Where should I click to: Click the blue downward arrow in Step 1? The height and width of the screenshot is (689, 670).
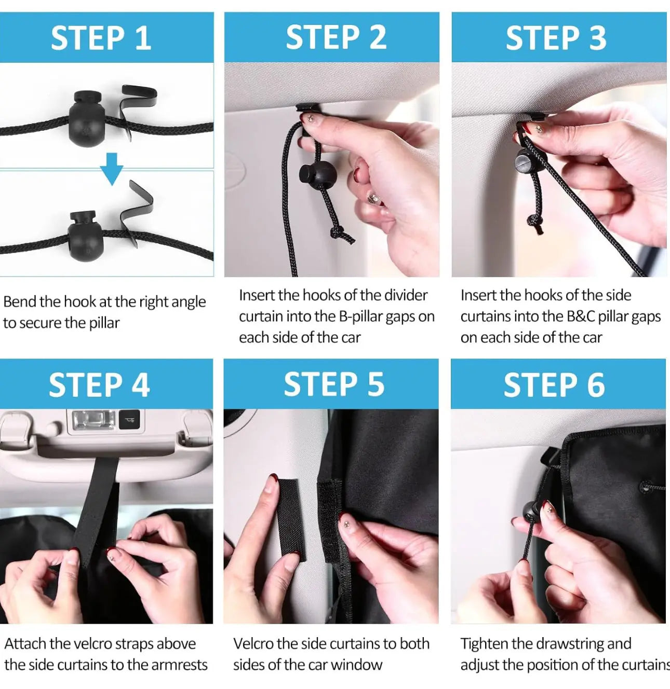click(x=112, y=169)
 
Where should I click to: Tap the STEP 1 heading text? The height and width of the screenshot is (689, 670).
click(x=101, y=38)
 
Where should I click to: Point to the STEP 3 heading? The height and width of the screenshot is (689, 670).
click(x=556, y=38)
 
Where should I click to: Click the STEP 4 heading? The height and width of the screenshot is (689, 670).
click(x=99, y=385)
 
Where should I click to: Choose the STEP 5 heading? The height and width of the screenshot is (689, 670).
click(x=334, y=384)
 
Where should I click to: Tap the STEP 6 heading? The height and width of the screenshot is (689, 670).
click(x=554, y=385)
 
